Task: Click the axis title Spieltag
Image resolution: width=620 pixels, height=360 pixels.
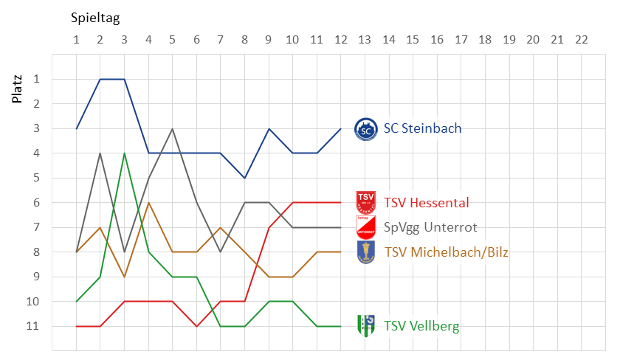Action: [95, 16]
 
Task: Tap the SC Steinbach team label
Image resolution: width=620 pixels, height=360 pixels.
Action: [422, 128]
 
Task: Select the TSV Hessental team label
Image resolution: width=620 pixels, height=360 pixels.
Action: [426, 203]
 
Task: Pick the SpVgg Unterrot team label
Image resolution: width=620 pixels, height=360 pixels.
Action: [430, 227]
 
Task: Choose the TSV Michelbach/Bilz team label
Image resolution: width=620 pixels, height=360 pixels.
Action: [445, 252]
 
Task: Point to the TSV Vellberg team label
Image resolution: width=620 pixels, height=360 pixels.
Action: [421, 326]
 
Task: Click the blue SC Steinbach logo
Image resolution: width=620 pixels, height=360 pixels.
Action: [366, 129]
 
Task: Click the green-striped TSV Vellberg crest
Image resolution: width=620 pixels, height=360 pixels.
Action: [366, 325]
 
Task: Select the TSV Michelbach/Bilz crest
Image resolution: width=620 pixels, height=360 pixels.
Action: [366, 252]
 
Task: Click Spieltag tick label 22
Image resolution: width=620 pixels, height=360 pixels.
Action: [581, 39]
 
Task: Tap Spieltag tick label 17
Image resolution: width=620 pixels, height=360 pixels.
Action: [461, 39]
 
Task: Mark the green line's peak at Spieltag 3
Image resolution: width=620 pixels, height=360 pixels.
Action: [124, 153]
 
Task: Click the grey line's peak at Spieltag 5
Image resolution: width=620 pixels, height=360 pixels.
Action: [172, 128]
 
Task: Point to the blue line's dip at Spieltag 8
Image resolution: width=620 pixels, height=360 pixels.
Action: [244, 178]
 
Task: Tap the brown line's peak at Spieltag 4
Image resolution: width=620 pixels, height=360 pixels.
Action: [148, 203]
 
